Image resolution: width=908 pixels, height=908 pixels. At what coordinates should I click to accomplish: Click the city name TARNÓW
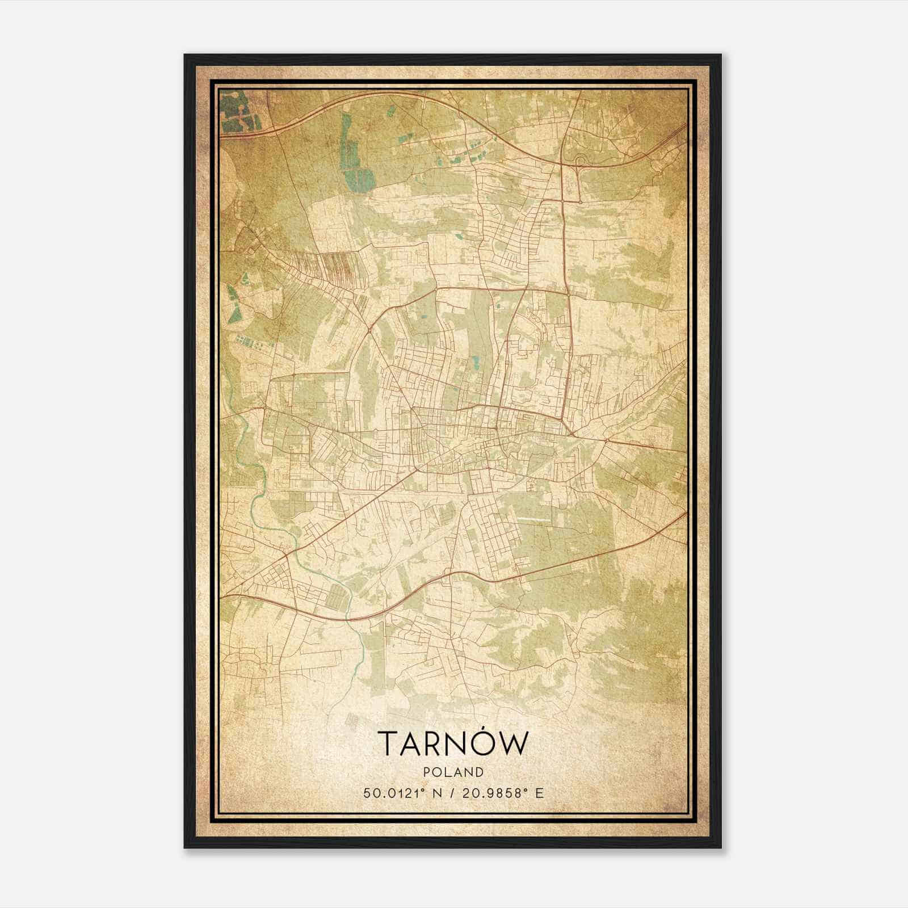coord(453,743)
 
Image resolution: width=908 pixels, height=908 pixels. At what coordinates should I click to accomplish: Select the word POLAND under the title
coord(453,772)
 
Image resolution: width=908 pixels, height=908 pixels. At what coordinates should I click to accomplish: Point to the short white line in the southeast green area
coord(533,519)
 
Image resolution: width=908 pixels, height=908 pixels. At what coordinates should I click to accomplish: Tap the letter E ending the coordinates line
coord(540,793)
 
